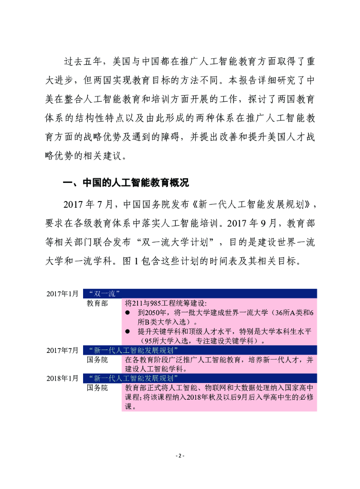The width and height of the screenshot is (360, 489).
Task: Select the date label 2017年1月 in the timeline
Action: point(62,293)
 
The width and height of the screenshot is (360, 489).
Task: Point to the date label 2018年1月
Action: point(62,378)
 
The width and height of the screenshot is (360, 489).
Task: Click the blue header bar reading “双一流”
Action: point(200,293)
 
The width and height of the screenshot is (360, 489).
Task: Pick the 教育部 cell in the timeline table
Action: point(97,303)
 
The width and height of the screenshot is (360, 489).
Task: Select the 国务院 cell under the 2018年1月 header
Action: point(97,388)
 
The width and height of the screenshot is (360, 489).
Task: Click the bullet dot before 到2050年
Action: point(128,312)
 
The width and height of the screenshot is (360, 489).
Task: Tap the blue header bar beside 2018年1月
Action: point(200,378)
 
